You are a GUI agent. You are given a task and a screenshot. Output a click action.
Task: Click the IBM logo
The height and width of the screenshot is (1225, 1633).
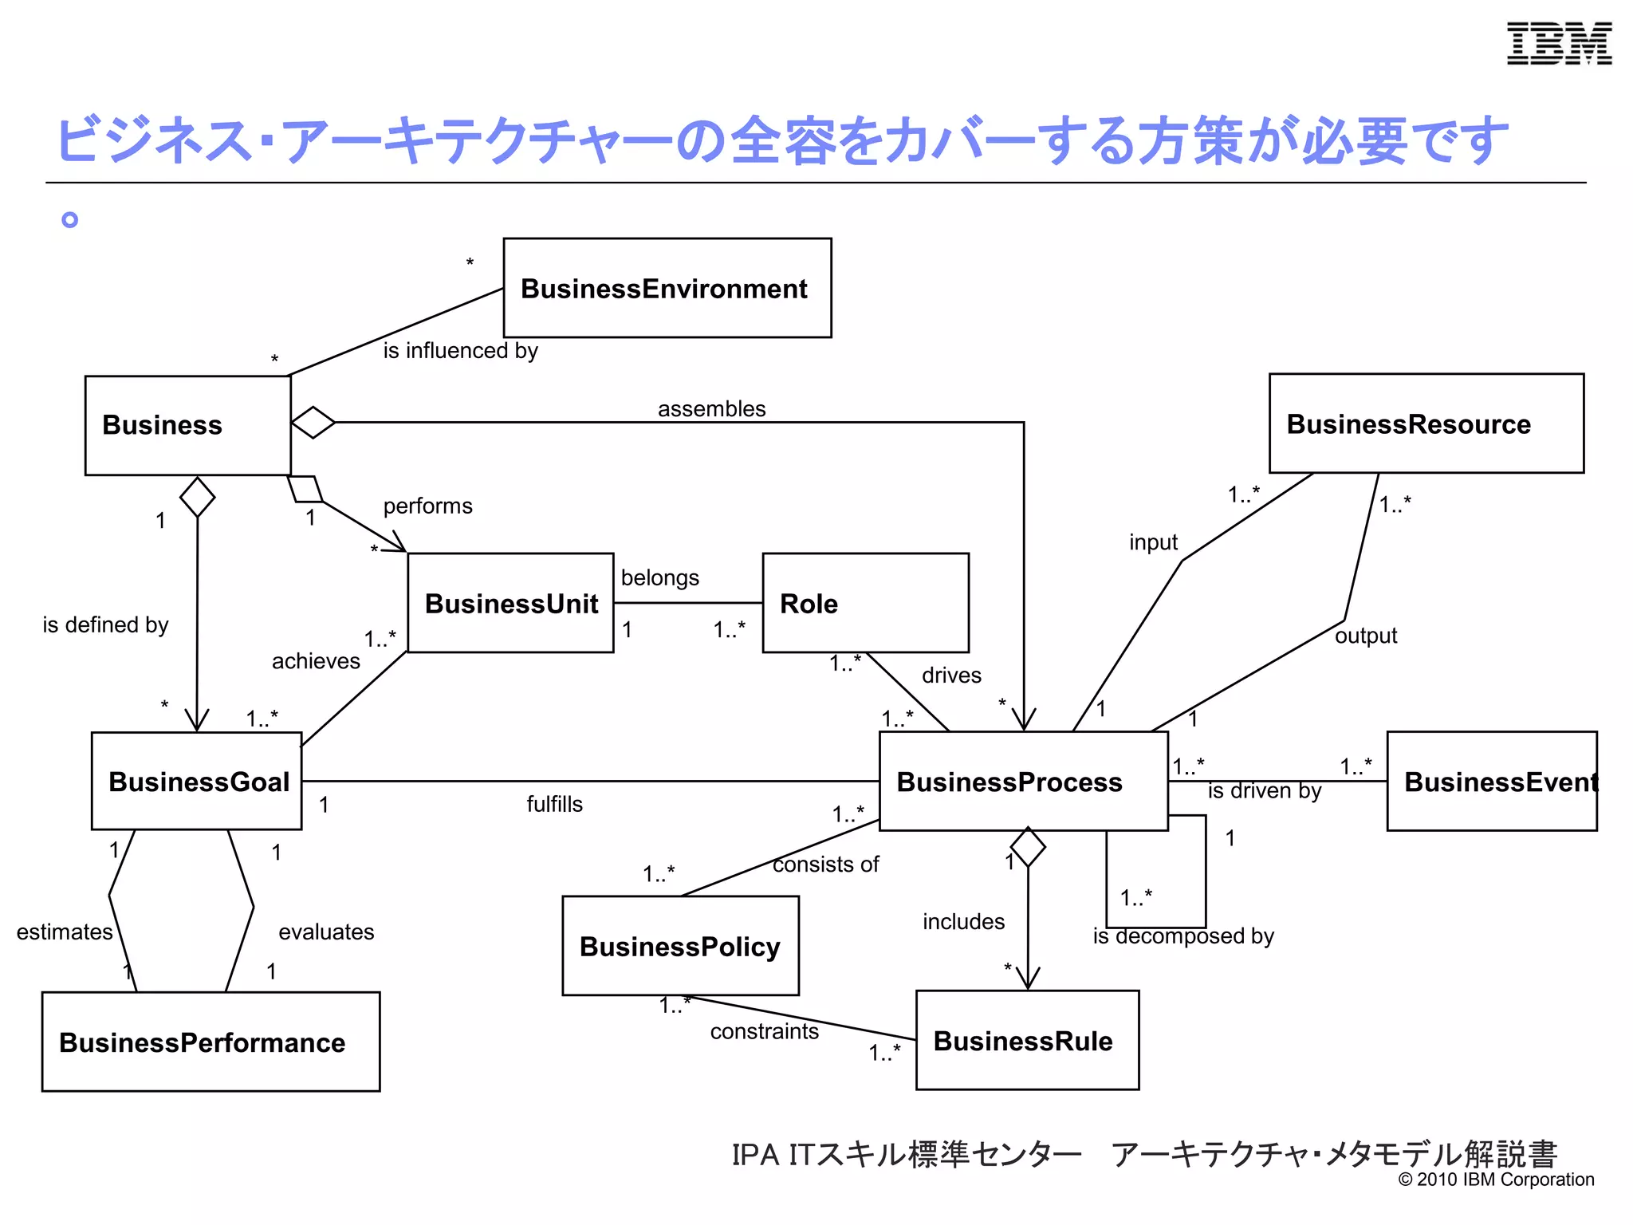coord(1559,44)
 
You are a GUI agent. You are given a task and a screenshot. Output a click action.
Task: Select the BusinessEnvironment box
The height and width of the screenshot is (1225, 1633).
coord(667,288)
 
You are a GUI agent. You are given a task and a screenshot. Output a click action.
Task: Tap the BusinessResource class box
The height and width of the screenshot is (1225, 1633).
coord(1426,423)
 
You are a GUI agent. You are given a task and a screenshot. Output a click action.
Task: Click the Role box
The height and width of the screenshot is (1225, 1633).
coord(865,603)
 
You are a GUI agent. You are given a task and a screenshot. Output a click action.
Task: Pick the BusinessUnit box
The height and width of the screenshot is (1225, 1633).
coord(510,603)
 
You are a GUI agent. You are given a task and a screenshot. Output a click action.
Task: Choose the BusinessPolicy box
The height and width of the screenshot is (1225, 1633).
coord(680,946)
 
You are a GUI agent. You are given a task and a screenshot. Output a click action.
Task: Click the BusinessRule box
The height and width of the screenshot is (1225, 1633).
coord(1027,1040)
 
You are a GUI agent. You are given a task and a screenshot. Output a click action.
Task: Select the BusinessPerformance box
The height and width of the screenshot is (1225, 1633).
coord(211,1042)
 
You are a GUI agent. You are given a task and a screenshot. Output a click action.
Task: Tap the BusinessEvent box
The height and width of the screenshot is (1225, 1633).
coord(1491,782)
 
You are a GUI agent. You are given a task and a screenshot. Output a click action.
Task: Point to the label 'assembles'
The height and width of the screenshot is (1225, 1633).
coord(711,409)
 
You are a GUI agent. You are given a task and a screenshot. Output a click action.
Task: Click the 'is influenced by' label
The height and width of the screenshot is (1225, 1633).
coord(460,351)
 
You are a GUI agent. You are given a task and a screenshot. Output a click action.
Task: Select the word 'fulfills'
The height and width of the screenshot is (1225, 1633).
coord(554,804)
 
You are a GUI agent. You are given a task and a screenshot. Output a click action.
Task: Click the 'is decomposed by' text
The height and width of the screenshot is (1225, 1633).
coord(1183,936)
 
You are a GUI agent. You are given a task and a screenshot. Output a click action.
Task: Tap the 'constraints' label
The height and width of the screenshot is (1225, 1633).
coord(764,1032)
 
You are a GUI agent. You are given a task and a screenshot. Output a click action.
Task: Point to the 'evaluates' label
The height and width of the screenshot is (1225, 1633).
coord(326,932)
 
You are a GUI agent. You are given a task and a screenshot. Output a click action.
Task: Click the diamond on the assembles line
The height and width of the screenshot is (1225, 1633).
coord(313,422)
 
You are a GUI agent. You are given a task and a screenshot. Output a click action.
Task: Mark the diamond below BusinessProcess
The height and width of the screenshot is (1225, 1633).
coord(1028,847)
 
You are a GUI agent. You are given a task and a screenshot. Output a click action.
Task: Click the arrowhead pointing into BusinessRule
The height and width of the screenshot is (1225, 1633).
coord(1028,979)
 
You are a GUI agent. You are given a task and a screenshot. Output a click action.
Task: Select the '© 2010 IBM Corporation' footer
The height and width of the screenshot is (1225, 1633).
coord(1496,1180)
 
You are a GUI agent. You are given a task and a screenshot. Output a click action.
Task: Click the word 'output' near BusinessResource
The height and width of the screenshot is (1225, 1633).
coord(1365,636)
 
